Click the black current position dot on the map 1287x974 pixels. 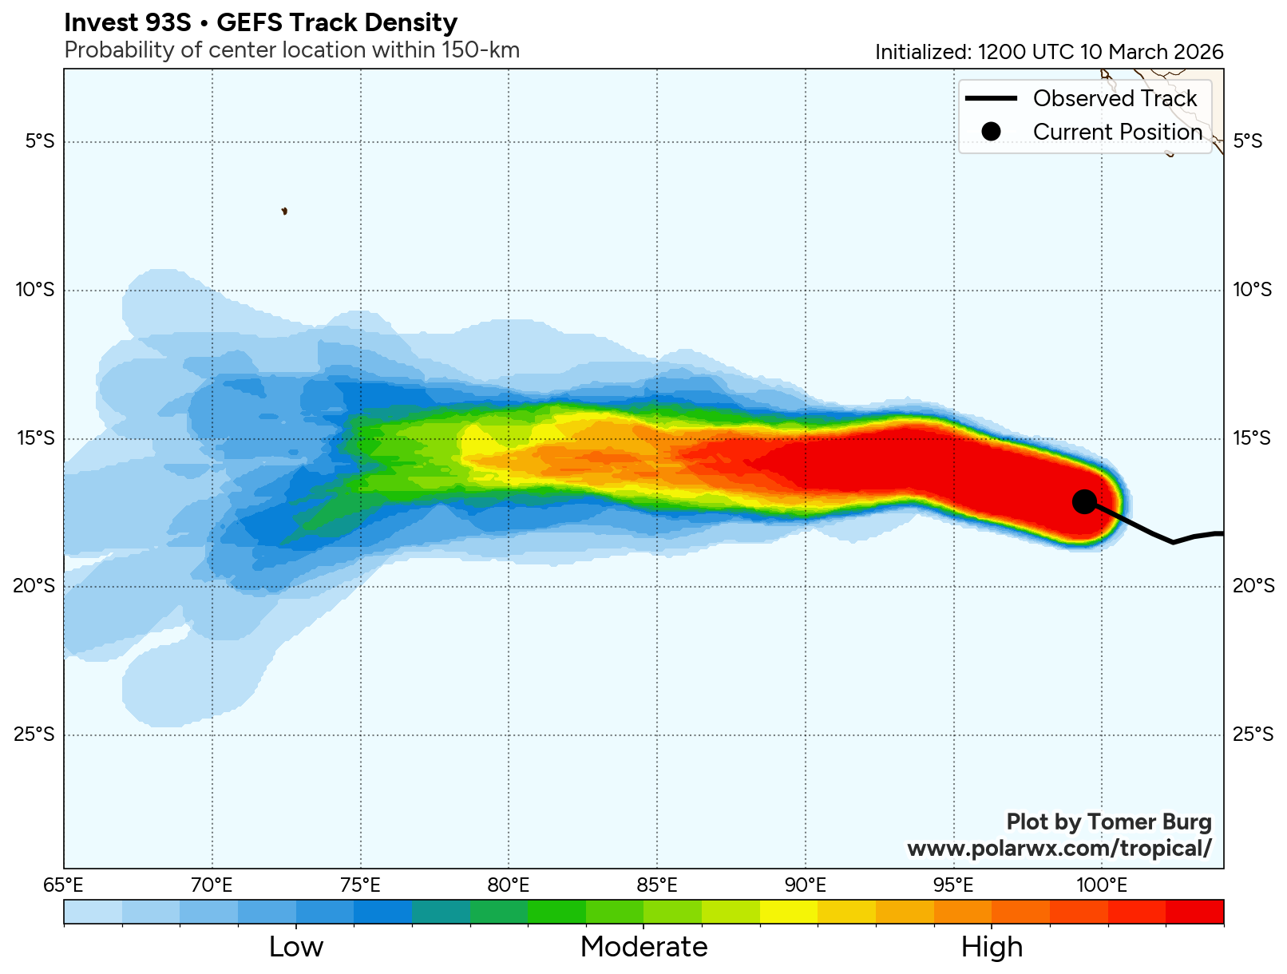pos(1084,501)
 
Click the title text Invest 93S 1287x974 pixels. pos(128,22)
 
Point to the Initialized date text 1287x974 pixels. pos(1048,52)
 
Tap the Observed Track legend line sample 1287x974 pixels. pos(991,98)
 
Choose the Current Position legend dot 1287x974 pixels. pos(991,132)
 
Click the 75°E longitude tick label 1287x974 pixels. pos(360,885)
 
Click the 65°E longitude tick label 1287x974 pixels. pos(64,885)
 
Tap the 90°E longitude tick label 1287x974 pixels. pos(805,885)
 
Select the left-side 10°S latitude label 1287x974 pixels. pos(35,289)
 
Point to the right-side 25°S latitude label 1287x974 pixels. pos(1253,734)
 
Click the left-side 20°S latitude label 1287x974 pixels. pos(35,585)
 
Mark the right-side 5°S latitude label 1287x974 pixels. pos(1248,141)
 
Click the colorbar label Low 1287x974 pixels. pos(296,947)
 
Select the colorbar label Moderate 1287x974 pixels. pos(643,947)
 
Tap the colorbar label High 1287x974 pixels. pos(992,947)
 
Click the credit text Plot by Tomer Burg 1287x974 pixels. pos(1108,822)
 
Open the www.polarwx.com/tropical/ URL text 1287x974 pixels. pos(1059,848)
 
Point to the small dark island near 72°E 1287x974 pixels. pos(284,211)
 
